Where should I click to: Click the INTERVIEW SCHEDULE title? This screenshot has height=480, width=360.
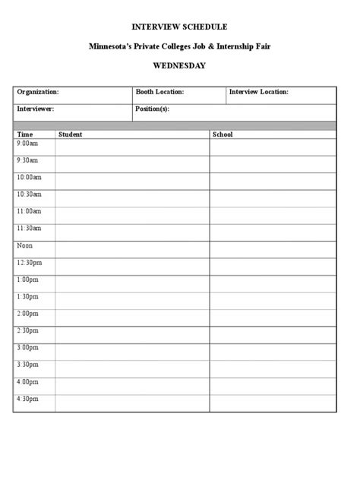point(179,27)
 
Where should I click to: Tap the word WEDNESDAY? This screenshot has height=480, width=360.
point(179,65)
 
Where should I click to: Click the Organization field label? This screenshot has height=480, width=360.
point(38,92)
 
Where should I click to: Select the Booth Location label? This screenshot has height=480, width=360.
point(159,92)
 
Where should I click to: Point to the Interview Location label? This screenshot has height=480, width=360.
point(259,92)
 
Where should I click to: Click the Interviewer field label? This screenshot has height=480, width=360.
point(36,109)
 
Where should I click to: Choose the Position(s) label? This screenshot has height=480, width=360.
point(153,109)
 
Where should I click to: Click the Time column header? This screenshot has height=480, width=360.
point(25,134)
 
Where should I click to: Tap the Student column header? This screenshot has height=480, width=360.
point(71,134)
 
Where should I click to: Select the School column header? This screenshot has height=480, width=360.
point(223,134)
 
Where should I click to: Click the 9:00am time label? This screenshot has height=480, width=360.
point(27,144)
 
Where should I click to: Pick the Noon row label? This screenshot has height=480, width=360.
point(25,245)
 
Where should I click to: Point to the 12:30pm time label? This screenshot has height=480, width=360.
point(29,263)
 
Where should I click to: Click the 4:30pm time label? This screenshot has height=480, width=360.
point(27,399)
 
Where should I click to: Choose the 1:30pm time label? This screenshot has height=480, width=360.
point(27,296)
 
